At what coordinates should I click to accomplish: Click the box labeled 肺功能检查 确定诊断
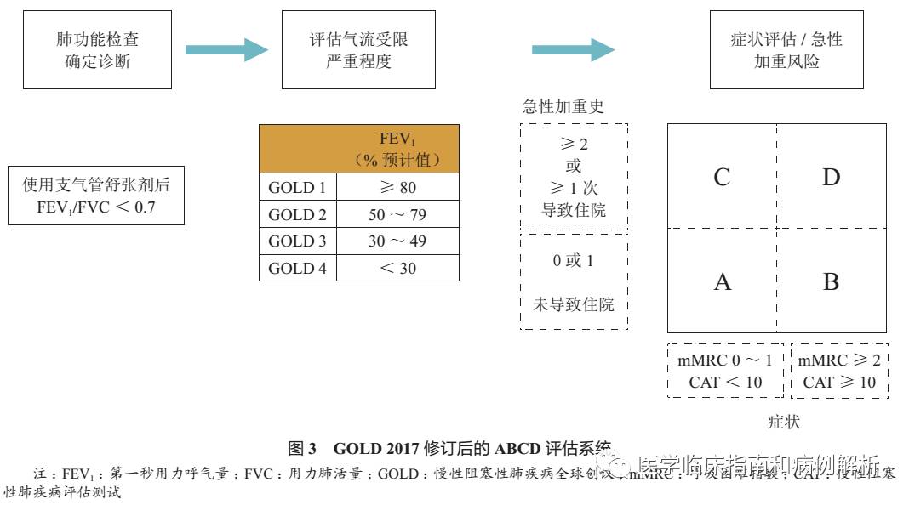[x=98, y=50]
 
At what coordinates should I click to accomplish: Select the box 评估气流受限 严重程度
[x=358, y=50]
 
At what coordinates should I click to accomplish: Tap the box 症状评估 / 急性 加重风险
[x=786, y=50]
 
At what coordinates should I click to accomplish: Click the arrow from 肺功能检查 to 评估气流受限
[x=226, y=50]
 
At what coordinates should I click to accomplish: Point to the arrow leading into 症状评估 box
[x=573, y=50]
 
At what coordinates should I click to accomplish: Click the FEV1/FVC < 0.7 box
[x=96, y=196]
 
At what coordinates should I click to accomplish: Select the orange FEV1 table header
[x=359, y=149]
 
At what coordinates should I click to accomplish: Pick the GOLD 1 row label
[x=298, y=187]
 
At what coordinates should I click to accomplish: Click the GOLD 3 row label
[x=298, y=241]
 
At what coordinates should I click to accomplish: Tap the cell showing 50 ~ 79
[x=397, y=214]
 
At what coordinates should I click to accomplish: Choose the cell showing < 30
[x=397, y=269]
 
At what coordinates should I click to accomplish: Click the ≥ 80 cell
[x=397, y=187]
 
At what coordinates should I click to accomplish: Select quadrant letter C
[x=722, y=177]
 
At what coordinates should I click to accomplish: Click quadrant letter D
[x=831, y=177]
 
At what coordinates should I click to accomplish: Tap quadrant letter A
[x=722, y=281]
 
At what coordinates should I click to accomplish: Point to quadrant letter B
[x=831, y=281]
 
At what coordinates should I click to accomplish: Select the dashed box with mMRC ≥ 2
[x=839, y=371]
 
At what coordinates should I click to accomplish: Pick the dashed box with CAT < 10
[x=726, y=371]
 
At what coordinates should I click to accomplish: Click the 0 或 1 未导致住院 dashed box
[x=574, y=281]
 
